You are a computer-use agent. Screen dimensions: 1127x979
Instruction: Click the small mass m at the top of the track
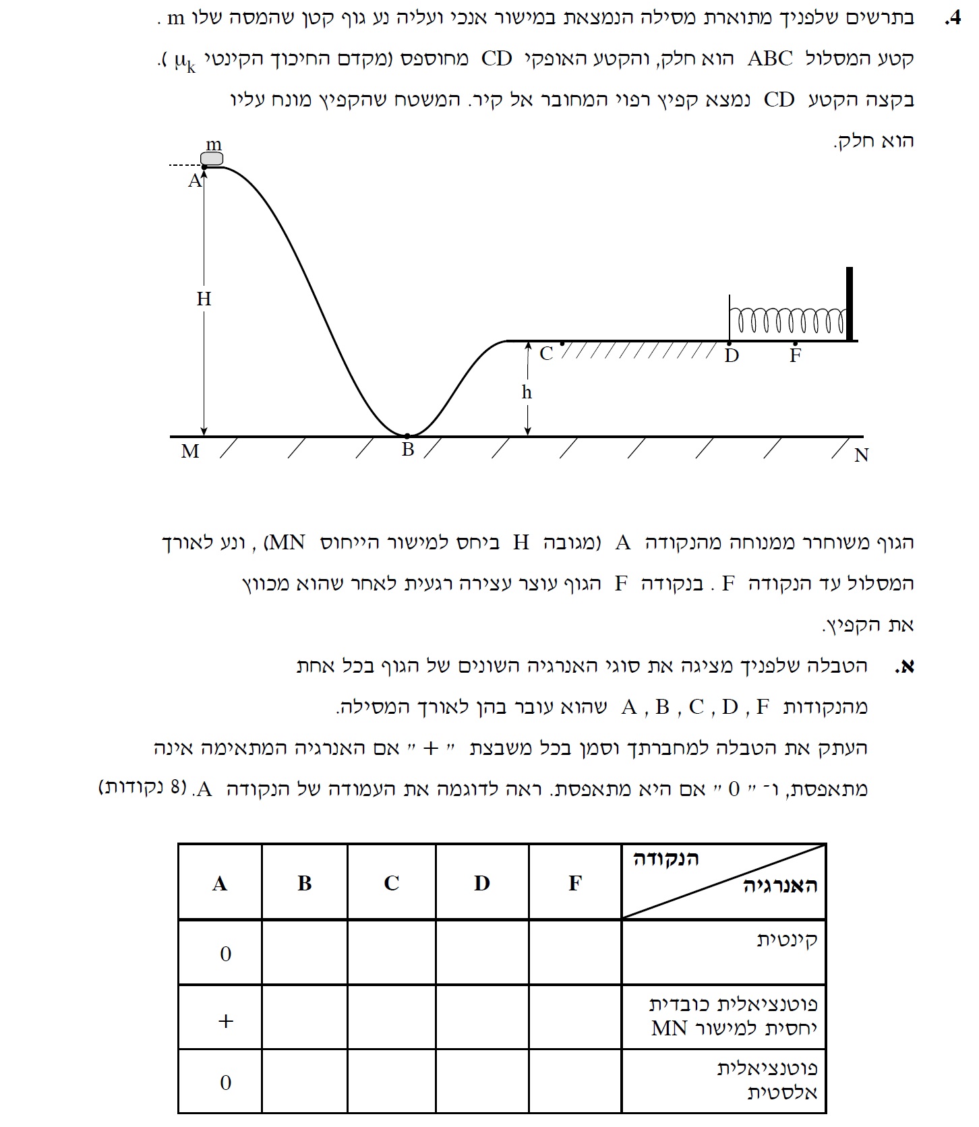coord(212,158)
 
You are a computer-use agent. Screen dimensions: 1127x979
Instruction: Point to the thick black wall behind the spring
coord(850,304)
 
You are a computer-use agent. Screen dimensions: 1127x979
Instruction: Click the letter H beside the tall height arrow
coord(204,299)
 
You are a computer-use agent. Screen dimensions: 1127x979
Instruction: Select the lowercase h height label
coord(527,392)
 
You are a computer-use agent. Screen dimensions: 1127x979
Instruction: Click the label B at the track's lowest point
coord(408,450)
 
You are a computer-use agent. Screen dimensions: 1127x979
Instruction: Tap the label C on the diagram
coord(546,354)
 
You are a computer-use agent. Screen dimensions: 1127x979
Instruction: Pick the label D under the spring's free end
coord(732,356)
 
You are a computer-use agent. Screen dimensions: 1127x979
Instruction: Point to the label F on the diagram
coord(795,356)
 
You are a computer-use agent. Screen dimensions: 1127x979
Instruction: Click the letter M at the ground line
coord(190,452)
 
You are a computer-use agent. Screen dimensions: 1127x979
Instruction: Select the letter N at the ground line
coord(861,456)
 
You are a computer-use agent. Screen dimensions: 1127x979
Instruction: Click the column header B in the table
coord(305,883)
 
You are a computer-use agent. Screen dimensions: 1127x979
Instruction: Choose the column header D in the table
coord(481,883)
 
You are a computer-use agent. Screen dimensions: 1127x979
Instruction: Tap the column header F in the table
coord(574,883)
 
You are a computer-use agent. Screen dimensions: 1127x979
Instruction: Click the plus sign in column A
coord(226,1021)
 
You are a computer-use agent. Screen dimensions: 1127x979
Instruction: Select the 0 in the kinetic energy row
coord(226,954)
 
